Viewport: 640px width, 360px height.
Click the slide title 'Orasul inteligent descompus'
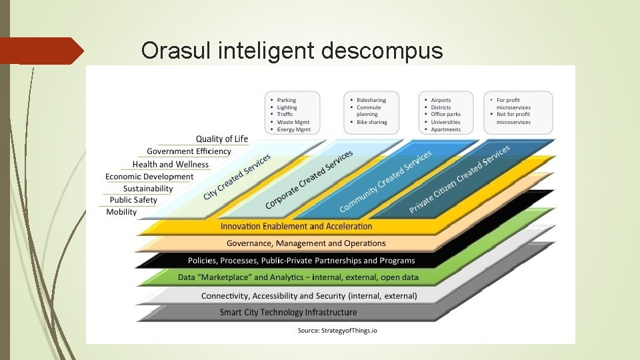[x=292, y=50]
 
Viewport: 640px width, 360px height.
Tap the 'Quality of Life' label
[x=221, y=139]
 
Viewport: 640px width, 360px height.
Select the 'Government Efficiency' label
[x=189, y=151]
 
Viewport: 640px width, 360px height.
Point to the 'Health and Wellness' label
[x=170, y=164]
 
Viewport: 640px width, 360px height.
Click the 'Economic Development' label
[x=149, y=177]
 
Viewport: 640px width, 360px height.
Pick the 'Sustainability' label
[x=147, y=189]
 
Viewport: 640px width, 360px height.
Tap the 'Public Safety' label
[x=133, y=200]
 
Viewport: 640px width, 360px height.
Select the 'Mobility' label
[x=121, y=212]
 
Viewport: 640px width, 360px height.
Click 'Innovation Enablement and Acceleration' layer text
[x=297, y=227]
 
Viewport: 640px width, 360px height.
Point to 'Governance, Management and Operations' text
[x=306, y=243]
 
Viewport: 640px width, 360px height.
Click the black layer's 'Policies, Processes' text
[x=301, y=261]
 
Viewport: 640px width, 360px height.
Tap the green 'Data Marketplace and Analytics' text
[x=298, y=277]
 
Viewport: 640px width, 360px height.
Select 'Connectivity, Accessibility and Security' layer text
[x=309, y=295]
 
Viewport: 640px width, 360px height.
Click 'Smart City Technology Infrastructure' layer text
[x=288, y=312]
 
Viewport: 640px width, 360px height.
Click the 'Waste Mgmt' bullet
[x=294, y=122]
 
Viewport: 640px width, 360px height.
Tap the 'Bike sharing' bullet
[x=371, y=122]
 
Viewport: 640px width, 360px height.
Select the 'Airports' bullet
[x=441, y=100]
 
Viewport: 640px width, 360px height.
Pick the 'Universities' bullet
[x=445, y=122]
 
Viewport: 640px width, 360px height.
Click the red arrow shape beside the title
[x=41, y=51]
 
